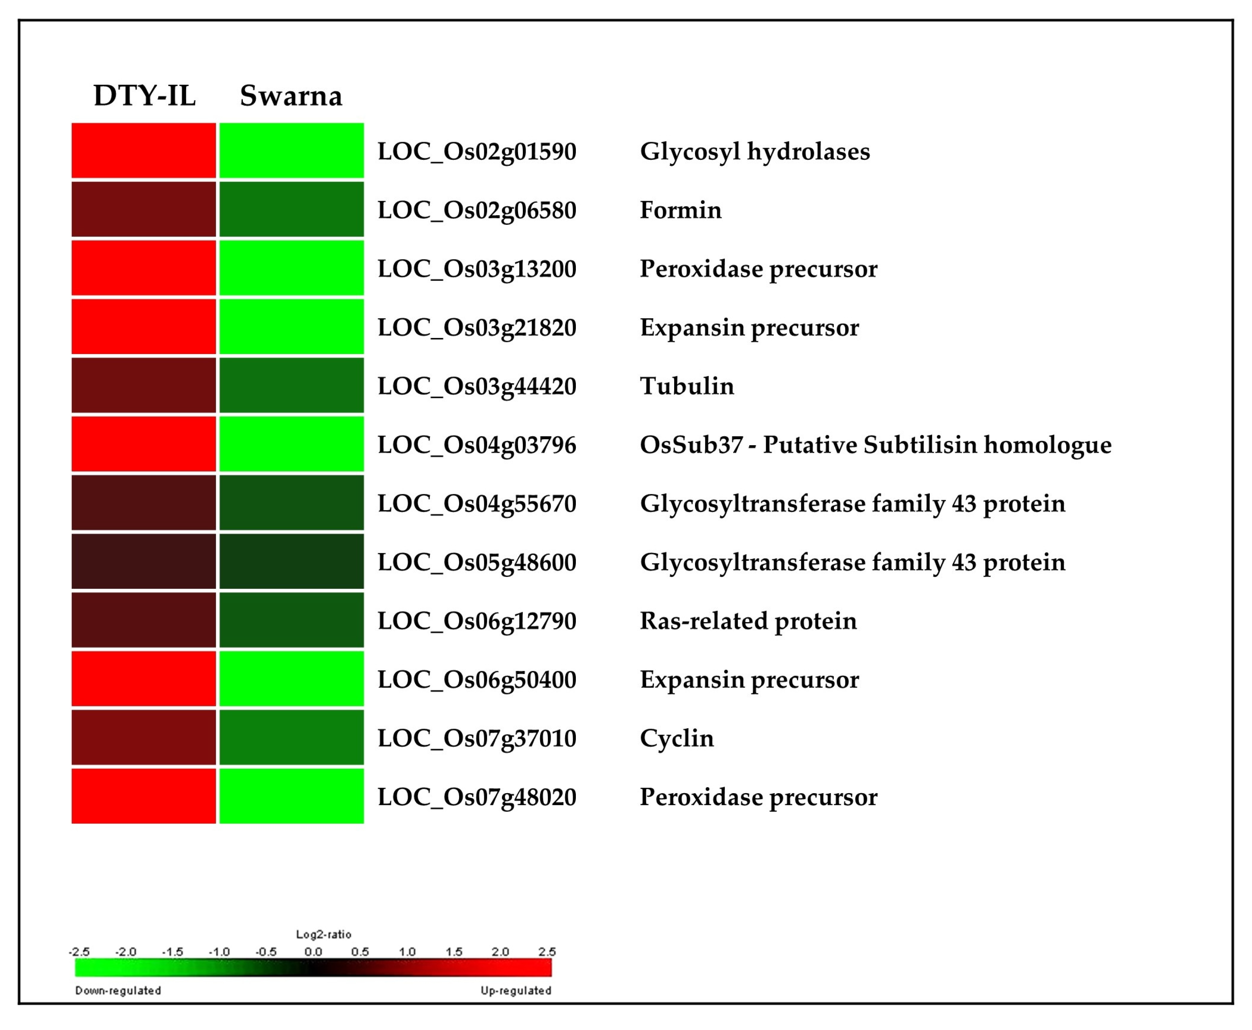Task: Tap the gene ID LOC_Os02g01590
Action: (477, 151)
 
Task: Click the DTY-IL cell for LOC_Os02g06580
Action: (144, 210)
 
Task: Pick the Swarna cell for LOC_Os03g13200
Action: (291, 268)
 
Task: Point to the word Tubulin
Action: (686, 386)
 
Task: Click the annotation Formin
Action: (680, 210)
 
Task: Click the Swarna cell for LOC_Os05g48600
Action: (291, 561)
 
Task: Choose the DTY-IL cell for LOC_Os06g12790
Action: (144, 620)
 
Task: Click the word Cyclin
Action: (676, 738)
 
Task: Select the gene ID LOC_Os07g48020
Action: (477, 797)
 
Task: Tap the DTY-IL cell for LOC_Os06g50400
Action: (144, 679)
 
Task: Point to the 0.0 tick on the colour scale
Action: (313, 952)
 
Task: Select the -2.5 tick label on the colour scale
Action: (79, 952)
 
